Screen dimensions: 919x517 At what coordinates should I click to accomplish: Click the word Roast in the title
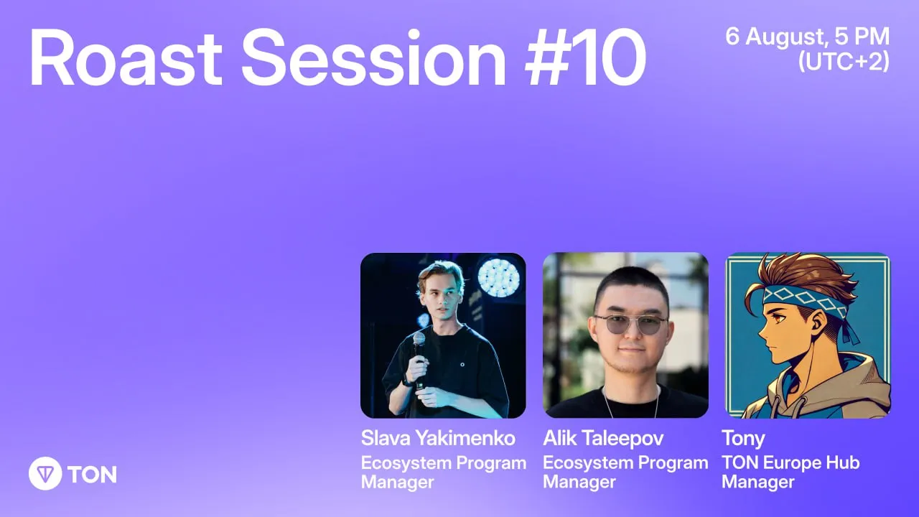point(126,57)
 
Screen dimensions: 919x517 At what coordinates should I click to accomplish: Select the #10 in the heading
point(585,57)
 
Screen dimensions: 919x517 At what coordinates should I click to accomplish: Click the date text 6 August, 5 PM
point(808,37)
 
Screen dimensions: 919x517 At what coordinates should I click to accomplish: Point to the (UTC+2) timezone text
point(844,62)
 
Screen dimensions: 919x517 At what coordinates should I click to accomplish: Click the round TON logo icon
point(45,473)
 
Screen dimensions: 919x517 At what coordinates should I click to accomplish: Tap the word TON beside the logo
point(93,475)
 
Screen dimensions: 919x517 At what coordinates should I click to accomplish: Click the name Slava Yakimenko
point(438,438)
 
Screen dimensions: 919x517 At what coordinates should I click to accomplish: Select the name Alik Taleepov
point(603,439)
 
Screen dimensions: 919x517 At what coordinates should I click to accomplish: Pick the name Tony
point(743,439)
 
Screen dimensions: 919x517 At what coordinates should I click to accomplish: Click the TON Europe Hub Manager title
point(790,472)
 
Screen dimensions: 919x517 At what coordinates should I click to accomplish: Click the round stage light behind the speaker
point(499,277)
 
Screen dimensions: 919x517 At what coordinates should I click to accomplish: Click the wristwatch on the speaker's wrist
point(406,380)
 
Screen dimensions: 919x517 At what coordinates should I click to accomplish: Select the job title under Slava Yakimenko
point(444,472)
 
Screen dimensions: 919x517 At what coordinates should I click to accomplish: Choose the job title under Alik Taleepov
point(625,472)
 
